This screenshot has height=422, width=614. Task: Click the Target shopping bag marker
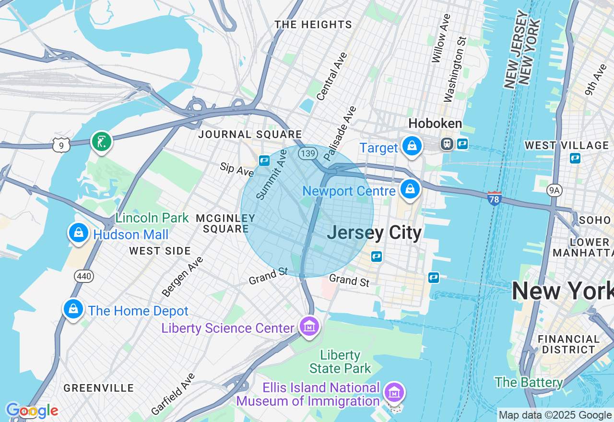tap(412, 146)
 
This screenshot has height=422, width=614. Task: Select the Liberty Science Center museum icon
tap(309, 327)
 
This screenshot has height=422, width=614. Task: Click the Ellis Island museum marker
tap(394, 393)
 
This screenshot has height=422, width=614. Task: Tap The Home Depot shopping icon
tap(73, 309)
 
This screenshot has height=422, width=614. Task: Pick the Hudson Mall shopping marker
tap(78, 233)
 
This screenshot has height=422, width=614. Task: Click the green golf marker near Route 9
tap(101, 141)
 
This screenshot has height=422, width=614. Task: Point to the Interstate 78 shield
tap(494, 198)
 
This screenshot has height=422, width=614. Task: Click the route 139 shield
tap(307, 153)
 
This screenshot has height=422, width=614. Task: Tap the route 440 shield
tap(84, 276)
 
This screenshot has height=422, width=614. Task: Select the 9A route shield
tap(554, 190)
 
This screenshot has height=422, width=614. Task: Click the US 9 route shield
tap(62, 144)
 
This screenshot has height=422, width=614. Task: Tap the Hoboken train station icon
tap(447, 143)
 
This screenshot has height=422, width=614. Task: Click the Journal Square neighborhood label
tap(250, 134)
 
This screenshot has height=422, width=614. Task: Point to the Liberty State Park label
tap(340, 362)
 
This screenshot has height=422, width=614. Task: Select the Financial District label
tap(568, 344)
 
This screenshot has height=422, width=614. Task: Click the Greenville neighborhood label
tap(99, 388)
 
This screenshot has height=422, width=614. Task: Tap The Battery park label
tap(529, 382)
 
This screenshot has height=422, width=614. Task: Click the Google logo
tap(32, 410)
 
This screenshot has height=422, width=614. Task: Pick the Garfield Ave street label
tap(173, 394)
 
